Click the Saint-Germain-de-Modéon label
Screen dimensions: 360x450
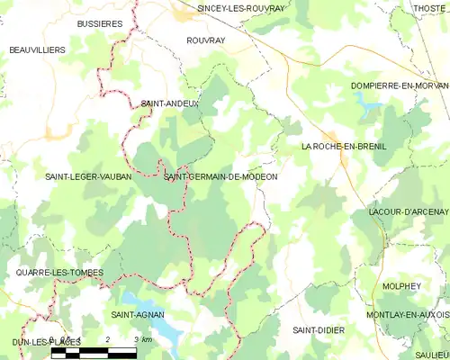pos(220,177)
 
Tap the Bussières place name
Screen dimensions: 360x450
pos(100,23)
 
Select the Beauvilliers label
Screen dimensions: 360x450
pos(38,50)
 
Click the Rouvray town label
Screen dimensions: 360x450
pos(206,40)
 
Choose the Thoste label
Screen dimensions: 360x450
pos(430,8)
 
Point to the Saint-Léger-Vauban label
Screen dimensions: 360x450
pos(88,177)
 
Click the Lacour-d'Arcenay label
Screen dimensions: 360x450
pos(409,211)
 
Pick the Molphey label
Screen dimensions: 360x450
pos(401,286)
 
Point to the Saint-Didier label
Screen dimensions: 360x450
pos(319,330)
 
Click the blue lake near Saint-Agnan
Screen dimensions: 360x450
pos(144,301)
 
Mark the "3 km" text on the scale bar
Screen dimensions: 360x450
pos(144,337)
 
